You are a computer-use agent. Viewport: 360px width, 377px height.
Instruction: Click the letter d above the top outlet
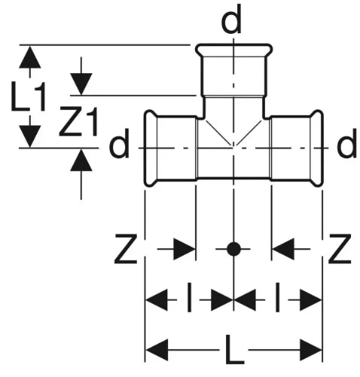(x=231, y=20)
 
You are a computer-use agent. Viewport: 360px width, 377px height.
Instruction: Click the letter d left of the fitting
(x=119, y=144)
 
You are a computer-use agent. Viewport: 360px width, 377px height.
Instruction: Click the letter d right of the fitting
(x=346, y=143)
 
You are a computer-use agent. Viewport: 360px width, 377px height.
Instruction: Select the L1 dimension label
(x=28, y=97)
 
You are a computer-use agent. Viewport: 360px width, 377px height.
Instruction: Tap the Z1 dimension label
(x=78, y=121)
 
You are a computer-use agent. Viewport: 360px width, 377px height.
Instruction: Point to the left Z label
(x=126, y=249)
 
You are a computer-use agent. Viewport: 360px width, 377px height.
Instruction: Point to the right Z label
(x=340, y=249)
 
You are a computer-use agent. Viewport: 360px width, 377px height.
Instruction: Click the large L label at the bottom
(x=234, y=350)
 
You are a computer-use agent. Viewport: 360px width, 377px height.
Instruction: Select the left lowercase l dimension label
(x=190, y=297)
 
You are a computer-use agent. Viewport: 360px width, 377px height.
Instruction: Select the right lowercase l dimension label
(x=277, y=297)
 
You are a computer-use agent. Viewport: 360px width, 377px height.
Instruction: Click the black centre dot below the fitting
(x=233, y=249)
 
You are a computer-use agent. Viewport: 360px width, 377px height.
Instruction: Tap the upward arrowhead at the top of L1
(x=30, y=57)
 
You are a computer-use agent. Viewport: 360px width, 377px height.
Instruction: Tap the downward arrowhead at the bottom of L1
(x=30, y=136)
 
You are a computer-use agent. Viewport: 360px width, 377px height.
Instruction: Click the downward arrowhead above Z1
(x=81, y=84)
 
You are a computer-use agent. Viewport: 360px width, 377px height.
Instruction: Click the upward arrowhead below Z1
(x=81, y=161)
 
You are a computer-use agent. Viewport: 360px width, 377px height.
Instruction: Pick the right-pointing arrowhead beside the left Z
(x=184, y=249)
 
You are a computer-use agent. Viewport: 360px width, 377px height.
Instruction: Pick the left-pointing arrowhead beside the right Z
(x=283, y=249)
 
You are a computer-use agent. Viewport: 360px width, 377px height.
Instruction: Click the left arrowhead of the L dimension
(x=157, y=350)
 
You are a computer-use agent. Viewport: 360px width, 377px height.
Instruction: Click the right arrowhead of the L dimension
(x=311, y=350)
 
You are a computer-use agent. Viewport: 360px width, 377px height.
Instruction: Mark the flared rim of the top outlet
(x=233, y=51)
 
